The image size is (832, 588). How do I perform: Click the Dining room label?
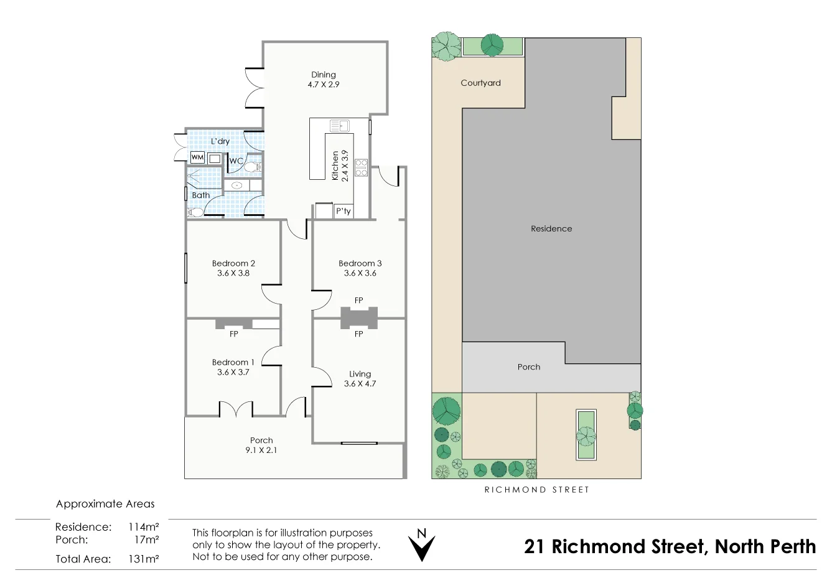tap(323, 75)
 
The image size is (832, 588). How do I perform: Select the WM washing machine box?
tap(197, 157)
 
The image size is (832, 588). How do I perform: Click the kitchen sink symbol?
tap(340, 126)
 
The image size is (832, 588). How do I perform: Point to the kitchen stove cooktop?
tap(361, 167)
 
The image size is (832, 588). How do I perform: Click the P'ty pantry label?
tap(343, 211)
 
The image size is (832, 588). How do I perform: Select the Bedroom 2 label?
tap(233, 263)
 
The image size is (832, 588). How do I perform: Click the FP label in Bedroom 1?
tap(234, 334)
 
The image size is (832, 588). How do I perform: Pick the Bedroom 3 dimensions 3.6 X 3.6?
tap(360, 273)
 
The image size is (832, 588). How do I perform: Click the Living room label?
tap(360, 374)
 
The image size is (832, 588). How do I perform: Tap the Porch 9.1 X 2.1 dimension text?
tap(261, 450)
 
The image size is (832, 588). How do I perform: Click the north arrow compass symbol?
tap(421, 545)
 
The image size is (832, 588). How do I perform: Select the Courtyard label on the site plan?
tap(480, 83)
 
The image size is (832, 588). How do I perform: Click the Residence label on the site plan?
tap(551, 228)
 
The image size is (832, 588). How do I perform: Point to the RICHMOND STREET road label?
tap(536, 490)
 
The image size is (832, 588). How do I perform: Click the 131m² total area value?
tap(143, 559)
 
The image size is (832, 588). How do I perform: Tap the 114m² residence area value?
tap(143, 527)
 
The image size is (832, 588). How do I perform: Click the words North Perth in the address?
tap(765, 546)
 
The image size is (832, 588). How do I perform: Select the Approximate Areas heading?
tap(105, 504)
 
